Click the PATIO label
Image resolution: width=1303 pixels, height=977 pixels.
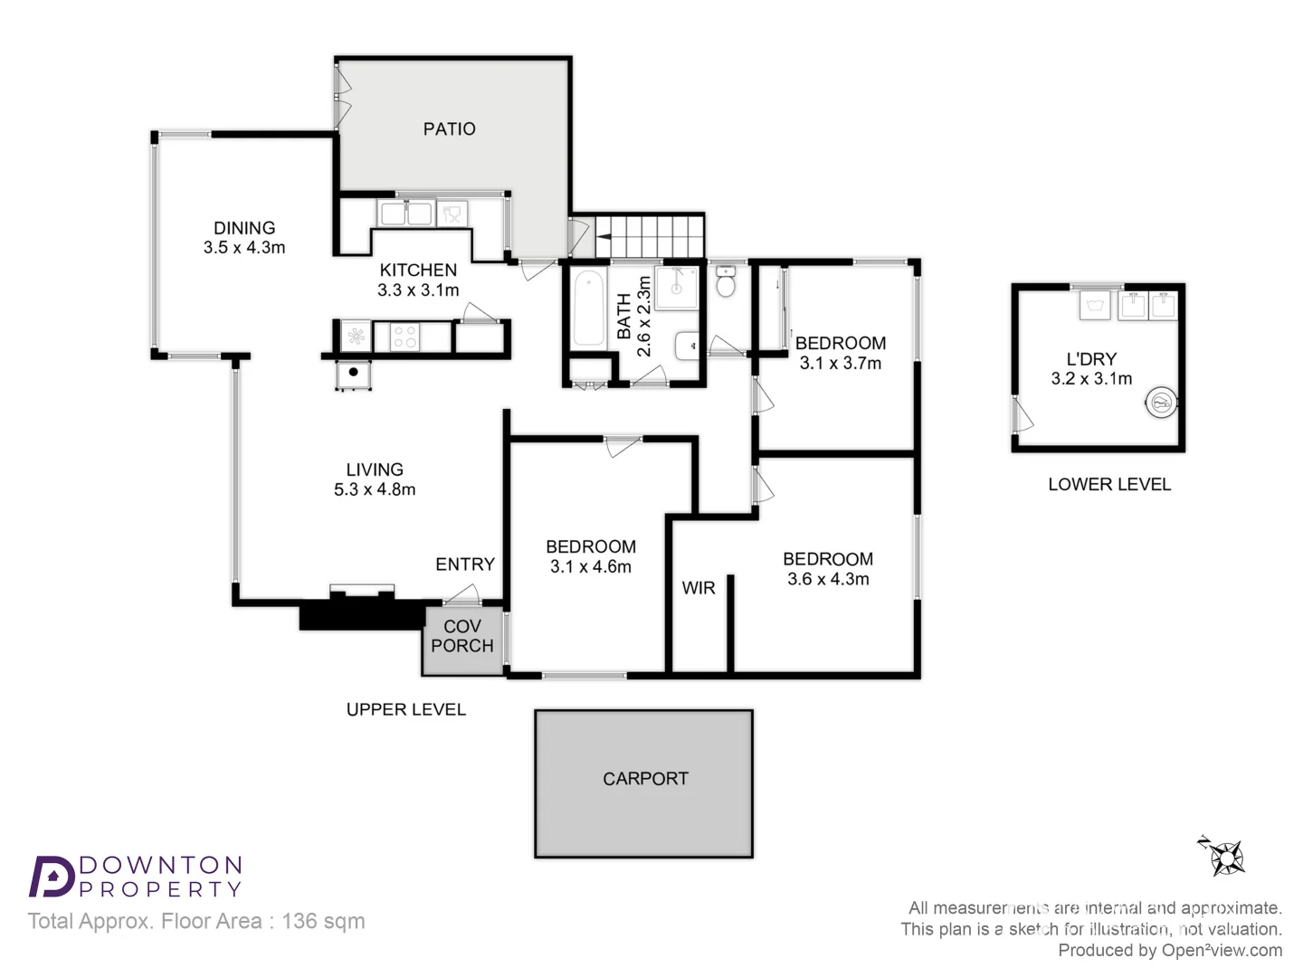[x=449, y=129]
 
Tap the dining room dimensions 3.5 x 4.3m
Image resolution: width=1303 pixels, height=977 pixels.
[x=244, y=248]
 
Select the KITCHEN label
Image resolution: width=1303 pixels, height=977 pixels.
[x=418, y=270]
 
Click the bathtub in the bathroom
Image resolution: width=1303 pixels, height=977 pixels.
[x=588, y=310]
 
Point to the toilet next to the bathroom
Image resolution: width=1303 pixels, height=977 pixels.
[x=726, y=282]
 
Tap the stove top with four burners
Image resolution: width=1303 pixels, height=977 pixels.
[x=404, y=337]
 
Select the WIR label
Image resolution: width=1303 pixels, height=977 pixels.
[x=698, y=588]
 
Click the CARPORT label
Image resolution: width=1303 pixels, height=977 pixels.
[x=645, y=779]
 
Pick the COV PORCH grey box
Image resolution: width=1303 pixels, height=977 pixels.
[x=462, y=639]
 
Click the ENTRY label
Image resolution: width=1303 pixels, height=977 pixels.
[x=465, y=564]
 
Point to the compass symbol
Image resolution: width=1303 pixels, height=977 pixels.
[x=1224, y=856]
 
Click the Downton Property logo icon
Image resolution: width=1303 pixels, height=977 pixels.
[x=52, y=877]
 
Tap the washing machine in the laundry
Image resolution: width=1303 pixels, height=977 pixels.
[x=1161, y=402]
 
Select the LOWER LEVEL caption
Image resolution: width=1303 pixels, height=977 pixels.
[x=1109, y=485]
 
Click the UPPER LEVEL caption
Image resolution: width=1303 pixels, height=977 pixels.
[x=406, y=710]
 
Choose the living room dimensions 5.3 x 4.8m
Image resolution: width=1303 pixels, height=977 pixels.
[x=375, y=489]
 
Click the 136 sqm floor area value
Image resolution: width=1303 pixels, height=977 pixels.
[x=323, y=921]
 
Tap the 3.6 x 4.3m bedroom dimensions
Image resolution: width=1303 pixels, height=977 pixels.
[x=828, y=579]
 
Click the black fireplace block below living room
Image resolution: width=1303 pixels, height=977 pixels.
[x=362, y=615]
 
